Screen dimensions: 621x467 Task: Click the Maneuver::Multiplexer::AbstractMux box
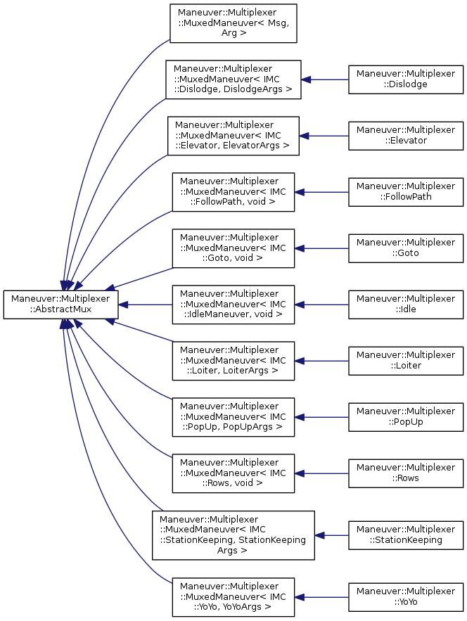[60, 304]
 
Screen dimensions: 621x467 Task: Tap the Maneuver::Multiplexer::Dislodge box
[406, 79]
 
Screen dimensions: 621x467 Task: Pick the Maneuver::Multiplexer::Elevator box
[406, 135]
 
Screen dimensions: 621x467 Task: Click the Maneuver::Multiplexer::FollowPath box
[406, 191]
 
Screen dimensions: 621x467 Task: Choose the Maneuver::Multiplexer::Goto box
[406, 248]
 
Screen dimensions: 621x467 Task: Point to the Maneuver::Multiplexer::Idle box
[406, 304]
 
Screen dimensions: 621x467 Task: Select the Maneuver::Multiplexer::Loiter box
[406, 360]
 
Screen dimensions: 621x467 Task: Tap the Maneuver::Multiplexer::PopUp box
[406, 416]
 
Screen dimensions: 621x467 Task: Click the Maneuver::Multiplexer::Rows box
[406, 473]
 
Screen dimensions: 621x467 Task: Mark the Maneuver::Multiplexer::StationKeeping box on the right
[406, 535]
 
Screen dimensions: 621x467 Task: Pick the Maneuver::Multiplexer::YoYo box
[406, 598]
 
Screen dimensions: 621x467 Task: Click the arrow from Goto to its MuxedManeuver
[321, 248]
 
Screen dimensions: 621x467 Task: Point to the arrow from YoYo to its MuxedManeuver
[321, 598]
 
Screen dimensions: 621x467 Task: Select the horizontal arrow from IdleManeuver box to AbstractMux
[145, 304]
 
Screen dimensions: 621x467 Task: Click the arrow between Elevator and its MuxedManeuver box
[324, 135]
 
